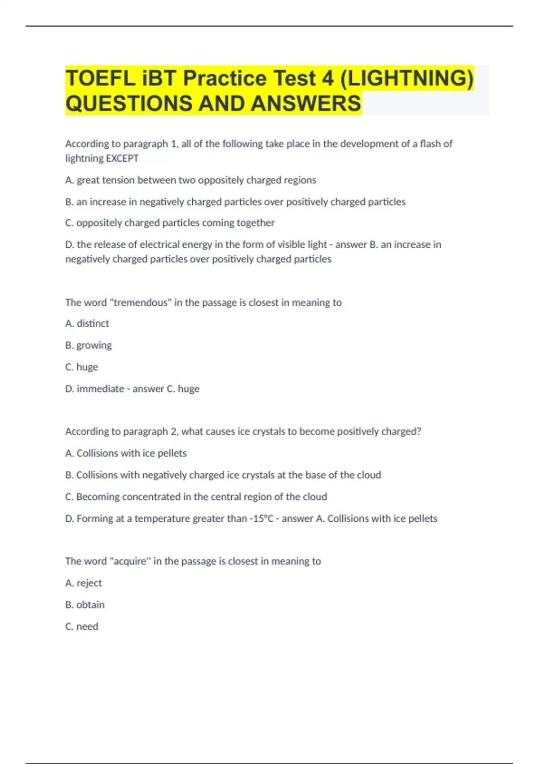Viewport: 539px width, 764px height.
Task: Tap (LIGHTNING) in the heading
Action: point(407,79)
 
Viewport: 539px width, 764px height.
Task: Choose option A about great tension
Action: point(190,180)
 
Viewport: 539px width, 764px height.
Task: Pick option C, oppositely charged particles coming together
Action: point(170,223)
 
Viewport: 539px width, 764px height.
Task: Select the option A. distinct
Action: point(87,324)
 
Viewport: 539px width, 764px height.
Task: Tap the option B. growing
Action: point(88,346)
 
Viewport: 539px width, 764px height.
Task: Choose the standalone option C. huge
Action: point(81,367)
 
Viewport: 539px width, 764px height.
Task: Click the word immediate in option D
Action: point(100,389)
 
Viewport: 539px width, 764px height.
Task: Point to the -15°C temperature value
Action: point(261,519)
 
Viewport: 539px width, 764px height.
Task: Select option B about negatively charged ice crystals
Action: point(223,475)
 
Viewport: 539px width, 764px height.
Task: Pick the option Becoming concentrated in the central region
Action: point(196,497)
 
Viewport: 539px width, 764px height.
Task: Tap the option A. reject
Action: point(84,583)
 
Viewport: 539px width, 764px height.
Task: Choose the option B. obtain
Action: point(85,605)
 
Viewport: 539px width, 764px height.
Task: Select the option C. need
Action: point(82,626)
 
